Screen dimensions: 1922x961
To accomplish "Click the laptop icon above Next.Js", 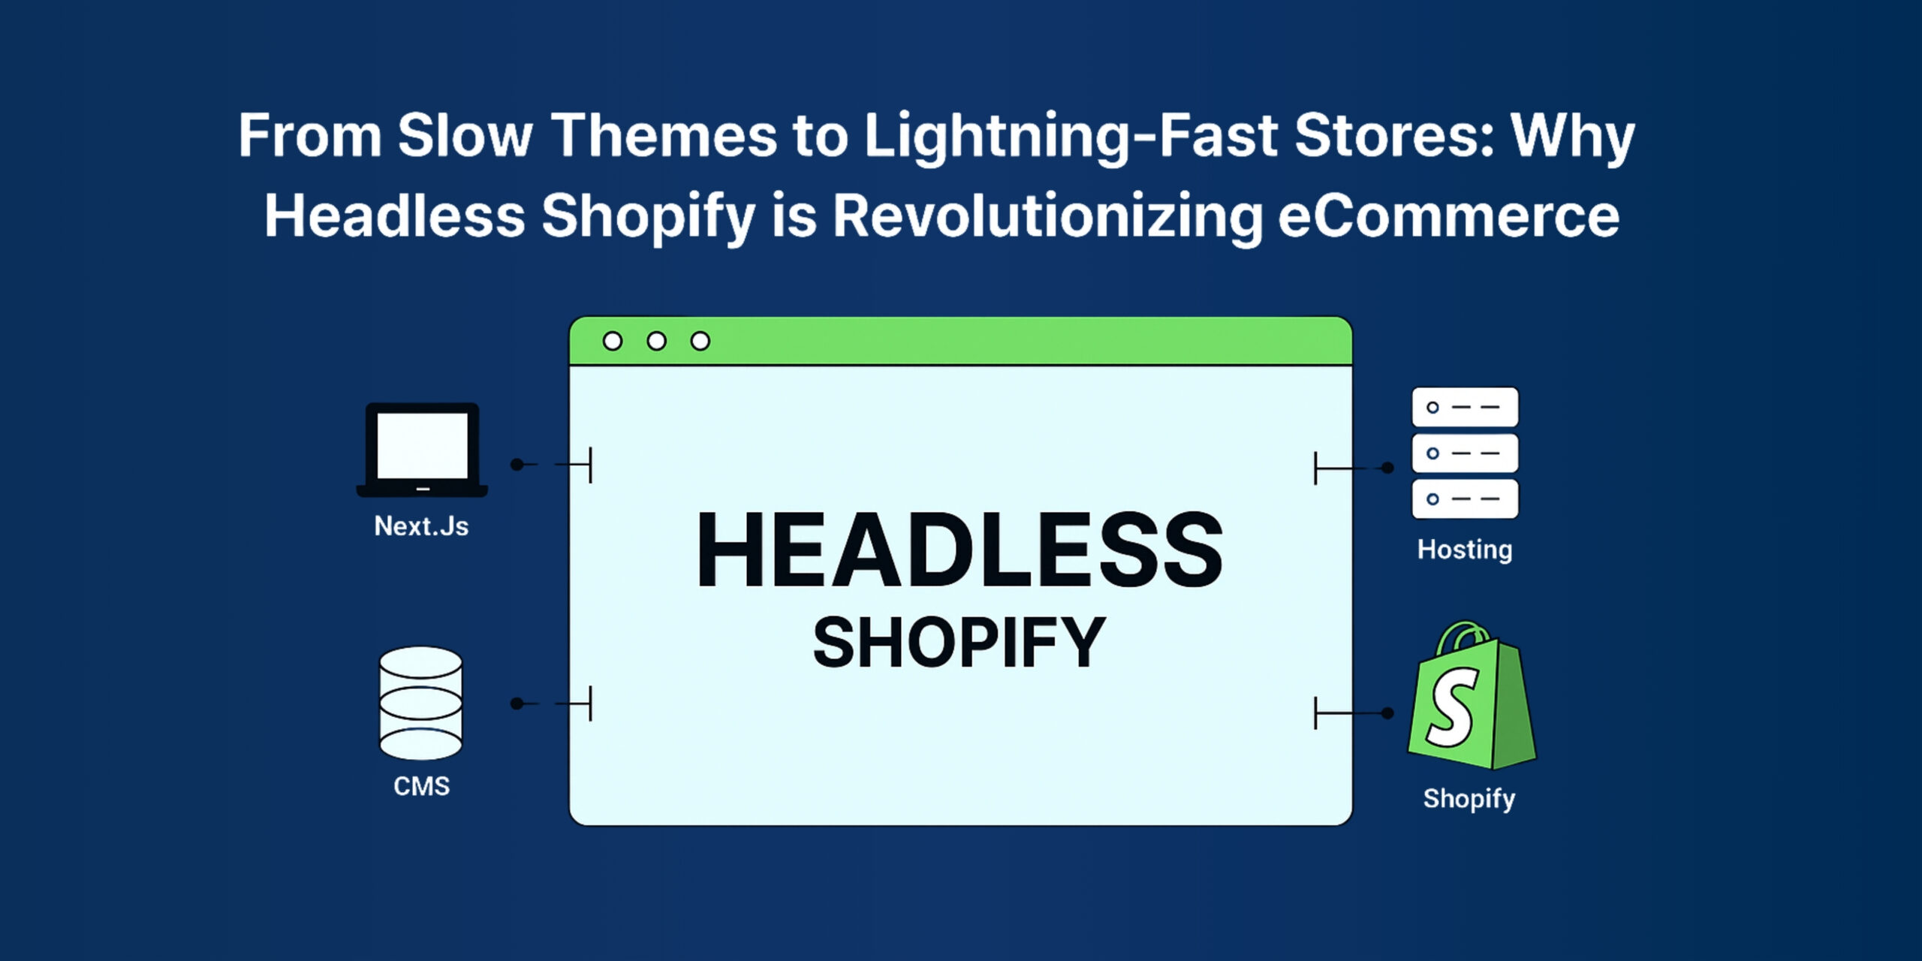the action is [x=422, y=450].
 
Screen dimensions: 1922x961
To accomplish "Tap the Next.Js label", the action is [x=421, y=526].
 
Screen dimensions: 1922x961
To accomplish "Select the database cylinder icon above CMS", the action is [x=420, y=703].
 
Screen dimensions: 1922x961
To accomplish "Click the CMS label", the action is [x=421, y=786].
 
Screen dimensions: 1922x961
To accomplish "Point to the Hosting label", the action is [x=1465, y=550].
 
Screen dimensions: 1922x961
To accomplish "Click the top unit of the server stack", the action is [x=1465, y=407].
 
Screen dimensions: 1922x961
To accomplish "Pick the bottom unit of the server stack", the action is [x=1465, y=499].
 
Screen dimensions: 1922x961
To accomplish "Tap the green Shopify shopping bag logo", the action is [x=1472, y=695].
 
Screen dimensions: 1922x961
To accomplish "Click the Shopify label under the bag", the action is [x=1469, y=799].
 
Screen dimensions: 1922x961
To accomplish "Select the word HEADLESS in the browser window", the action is [x=959, y=550].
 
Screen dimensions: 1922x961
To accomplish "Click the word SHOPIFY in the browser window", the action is [x=959, y=642].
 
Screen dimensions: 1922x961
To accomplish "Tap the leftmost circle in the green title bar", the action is [x=613, y=342].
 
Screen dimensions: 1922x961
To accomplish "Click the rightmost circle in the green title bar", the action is [x=700, y=342].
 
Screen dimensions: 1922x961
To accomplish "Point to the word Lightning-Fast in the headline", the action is [x=1071, y=137].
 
